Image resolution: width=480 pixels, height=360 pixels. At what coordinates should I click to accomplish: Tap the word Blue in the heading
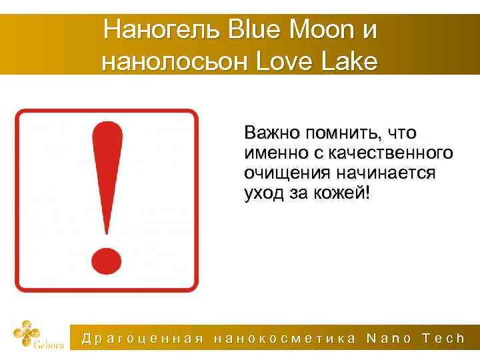(250, 30)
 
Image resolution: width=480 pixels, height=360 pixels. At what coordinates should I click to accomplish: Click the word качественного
(390, 153)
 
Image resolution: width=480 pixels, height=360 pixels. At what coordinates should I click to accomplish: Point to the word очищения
(283, 174)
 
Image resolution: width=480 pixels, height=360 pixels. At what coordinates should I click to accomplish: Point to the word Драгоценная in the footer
(142, 339)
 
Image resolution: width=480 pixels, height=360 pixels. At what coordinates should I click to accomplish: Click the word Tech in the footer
(444, 339)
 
